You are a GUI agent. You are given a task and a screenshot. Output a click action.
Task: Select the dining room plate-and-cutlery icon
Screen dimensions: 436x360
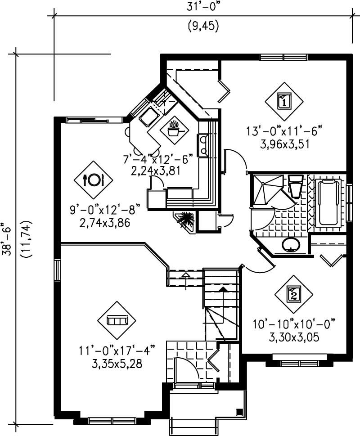point(94,180)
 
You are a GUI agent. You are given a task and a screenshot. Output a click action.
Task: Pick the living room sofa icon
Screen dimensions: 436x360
point(117,320)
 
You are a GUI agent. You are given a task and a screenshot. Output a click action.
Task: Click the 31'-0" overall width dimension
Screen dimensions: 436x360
point(202,6)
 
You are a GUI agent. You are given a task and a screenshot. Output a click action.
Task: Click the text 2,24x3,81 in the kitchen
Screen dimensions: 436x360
point(152,171)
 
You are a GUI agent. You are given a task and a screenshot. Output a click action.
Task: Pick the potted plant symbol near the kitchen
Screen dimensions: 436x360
point(186,221)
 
